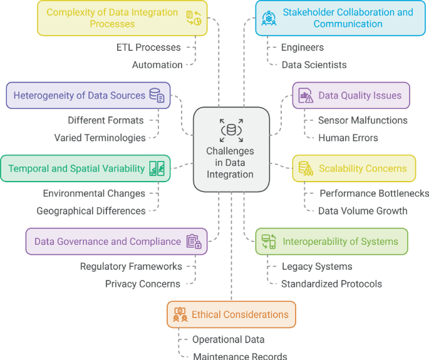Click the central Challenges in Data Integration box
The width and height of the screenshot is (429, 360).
[231, 149]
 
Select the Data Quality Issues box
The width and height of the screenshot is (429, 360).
[351, 96]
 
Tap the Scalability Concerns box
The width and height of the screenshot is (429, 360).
[354, 168]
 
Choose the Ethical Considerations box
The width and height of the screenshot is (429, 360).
[231, 314]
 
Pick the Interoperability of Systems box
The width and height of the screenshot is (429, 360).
[331, 241]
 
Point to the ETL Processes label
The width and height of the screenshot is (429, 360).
[148, 48]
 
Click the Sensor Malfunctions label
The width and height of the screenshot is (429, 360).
[362, 120]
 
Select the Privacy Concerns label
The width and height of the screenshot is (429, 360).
[143, 284]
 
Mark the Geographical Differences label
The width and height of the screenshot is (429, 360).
[91, 211]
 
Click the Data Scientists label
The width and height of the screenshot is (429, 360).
[313, 64]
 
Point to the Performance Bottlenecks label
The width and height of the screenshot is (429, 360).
[374, 193]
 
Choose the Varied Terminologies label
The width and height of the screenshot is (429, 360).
[100, 138]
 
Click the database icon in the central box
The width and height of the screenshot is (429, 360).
[231, 131]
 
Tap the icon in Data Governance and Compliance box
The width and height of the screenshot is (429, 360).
[193, 241]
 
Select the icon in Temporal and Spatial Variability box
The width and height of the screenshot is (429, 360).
[157, 168]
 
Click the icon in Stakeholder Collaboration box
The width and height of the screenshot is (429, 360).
[269, 17]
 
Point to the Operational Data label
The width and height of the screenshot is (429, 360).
[228, 339]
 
